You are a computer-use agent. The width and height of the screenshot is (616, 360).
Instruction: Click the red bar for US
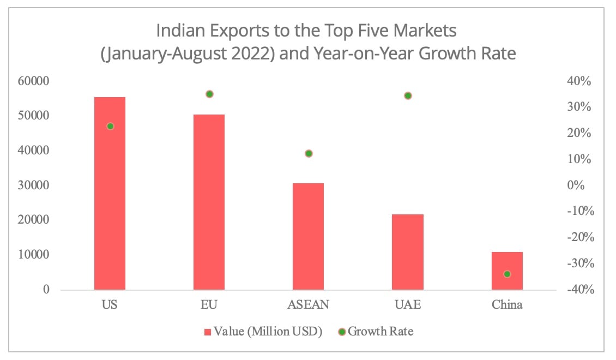[x=110, y=193]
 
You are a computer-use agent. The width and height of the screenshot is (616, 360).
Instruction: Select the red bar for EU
[x=209, y=202]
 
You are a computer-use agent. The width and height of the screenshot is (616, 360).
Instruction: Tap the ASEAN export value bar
[x=308, y=236]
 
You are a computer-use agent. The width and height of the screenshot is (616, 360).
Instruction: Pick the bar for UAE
[x=407, y=251]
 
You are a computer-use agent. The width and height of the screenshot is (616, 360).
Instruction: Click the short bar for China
[x=507, y=271]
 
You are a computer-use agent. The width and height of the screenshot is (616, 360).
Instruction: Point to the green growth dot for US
[x=110, y=126]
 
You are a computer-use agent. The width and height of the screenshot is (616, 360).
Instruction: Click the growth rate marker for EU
[x=209, y=94]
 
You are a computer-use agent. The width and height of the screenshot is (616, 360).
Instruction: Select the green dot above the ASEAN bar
[x=309, y=153]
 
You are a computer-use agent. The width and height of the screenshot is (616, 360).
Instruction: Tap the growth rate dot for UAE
[x=408, y=95]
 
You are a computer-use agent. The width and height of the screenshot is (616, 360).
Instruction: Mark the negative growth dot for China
[x=507, y=274]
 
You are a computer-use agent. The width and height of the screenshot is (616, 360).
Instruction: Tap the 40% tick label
[x=578, y=81]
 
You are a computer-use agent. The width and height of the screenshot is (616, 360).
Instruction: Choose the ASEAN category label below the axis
[x=308, y=304]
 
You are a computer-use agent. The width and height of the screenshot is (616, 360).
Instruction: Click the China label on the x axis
[x=507, y=304]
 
